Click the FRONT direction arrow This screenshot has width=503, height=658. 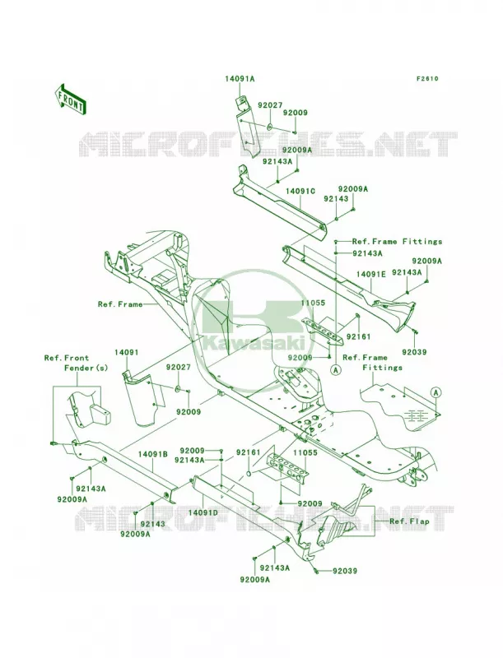tap(70, 99)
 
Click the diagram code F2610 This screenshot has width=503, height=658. tap(427, 78)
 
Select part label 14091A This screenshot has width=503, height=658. tap(240, 78)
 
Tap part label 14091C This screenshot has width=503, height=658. tap(300, 191)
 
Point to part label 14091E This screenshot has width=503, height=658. tap(370, 274)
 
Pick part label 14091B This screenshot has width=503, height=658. tap(153, 454)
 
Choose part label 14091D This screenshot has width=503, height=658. tap(203, 512)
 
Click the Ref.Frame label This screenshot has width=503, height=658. tap(120, 304)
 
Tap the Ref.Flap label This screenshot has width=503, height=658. tap(409, 521)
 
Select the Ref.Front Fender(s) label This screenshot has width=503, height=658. tap(77, 363)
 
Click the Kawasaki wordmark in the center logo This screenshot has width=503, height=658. tap(253, 344)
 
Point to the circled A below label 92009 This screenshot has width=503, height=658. tap(335, 369)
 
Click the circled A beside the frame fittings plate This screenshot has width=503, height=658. tap(436, 392)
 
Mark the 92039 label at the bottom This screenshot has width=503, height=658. tap(345, 571)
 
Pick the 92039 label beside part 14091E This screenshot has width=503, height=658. tap(414, 352)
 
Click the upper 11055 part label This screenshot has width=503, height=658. tap(313, 303)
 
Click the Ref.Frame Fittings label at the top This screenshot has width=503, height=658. tap(397, 241)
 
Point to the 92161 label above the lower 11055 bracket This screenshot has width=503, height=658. tap(248, 452)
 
